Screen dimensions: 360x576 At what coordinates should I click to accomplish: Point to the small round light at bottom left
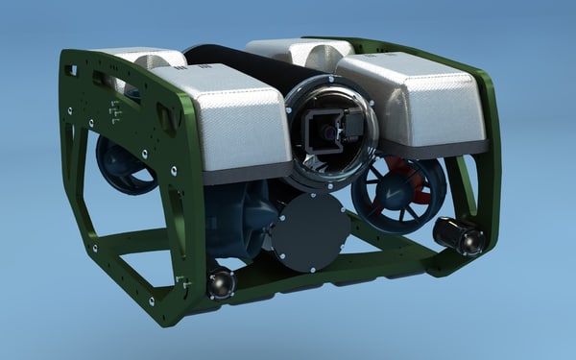220,283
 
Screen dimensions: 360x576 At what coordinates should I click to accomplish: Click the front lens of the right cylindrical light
471,241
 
